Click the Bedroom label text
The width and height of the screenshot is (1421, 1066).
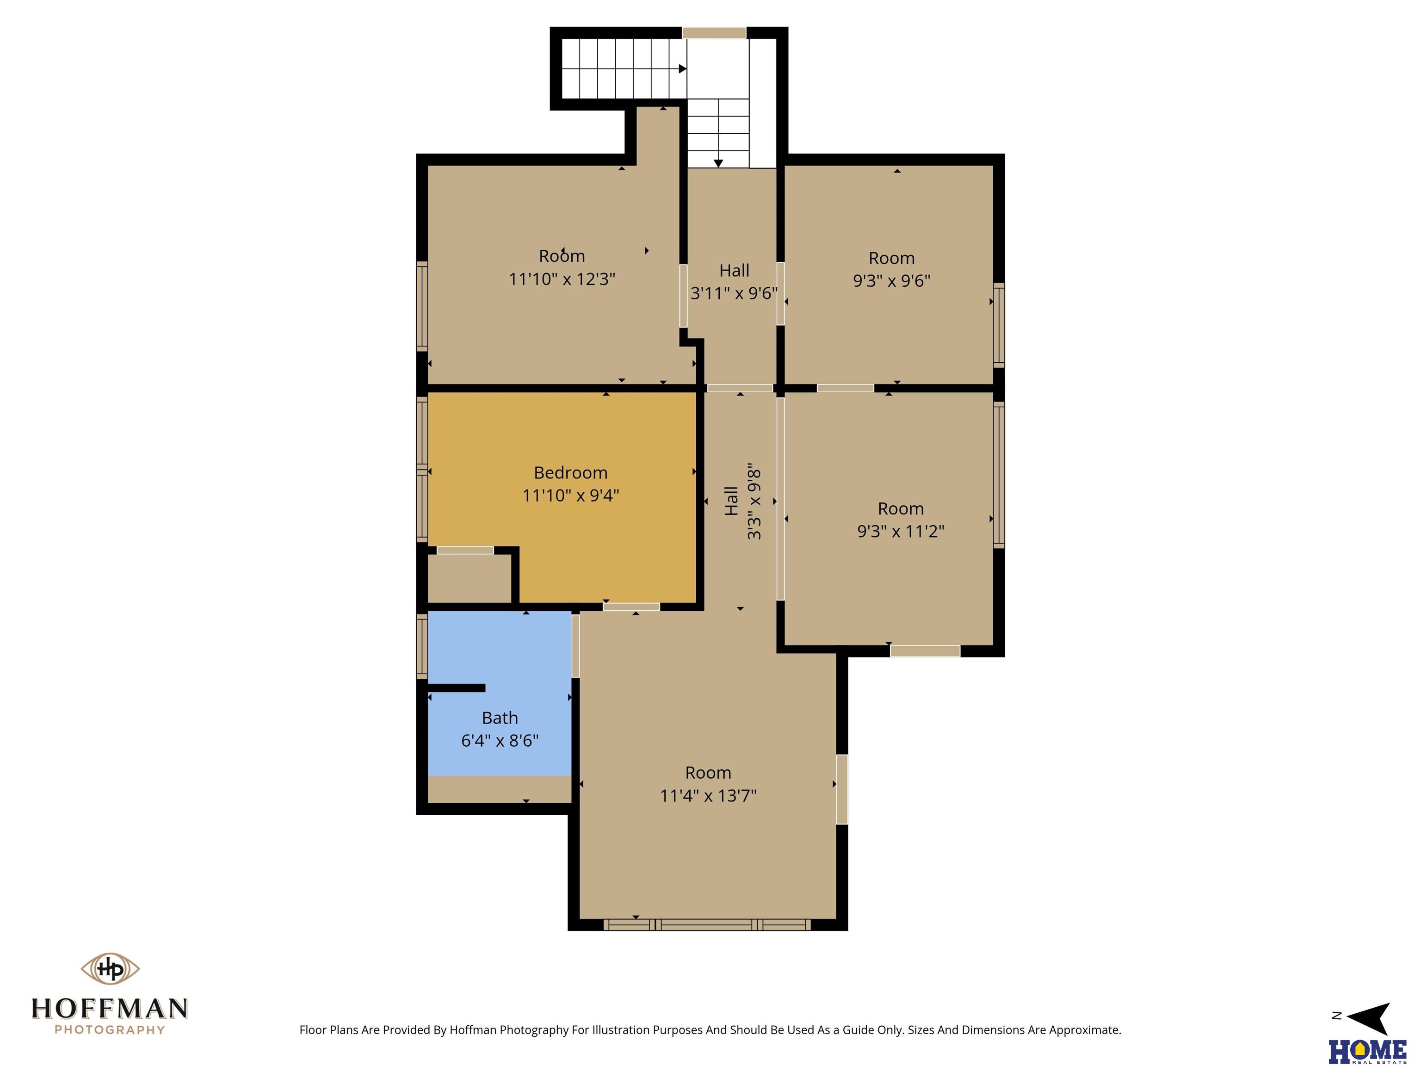pyautogui.click(x=570, y=473)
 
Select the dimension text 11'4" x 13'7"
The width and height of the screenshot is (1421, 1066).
pyautogui.click(x=708, y=795)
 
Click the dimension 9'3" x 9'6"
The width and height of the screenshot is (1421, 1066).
pyautogui.click(x=892, y=280)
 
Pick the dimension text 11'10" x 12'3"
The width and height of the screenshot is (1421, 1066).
pyautogui.click(x=562, y=279)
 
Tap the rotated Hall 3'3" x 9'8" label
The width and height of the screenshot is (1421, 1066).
pyautogui.click(x=742, y=501)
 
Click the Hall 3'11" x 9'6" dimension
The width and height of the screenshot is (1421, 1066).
pyautogui.click(x=734, y=293)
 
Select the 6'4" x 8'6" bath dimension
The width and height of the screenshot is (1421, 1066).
pyautogui.click(x=500, y=740)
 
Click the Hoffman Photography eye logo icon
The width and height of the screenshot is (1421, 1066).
pyautogui.click(x=110, y=968)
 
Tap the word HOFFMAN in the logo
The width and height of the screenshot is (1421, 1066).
pyautogui.click(x=110, y=1008)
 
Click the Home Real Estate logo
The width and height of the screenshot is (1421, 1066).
pyautogui.click(x=1368, y=1051)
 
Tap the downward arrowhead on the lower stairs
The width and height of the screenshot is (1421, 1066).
pyautogui.click(x=718, y=164)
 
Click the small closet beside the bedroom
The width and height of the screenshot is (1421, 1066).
pyautogui.click(x=470, y=578)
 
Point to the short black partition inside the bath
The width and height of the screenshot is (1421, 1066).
pyautogui.click(x=456, y=688)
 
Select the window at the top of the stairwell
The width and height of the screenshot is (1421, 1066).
pyautogui.click(x=714, y=33)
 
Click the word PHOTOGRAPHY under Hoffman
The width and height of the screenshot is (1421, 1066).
pyautogui.click(x=110, y=1030)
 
